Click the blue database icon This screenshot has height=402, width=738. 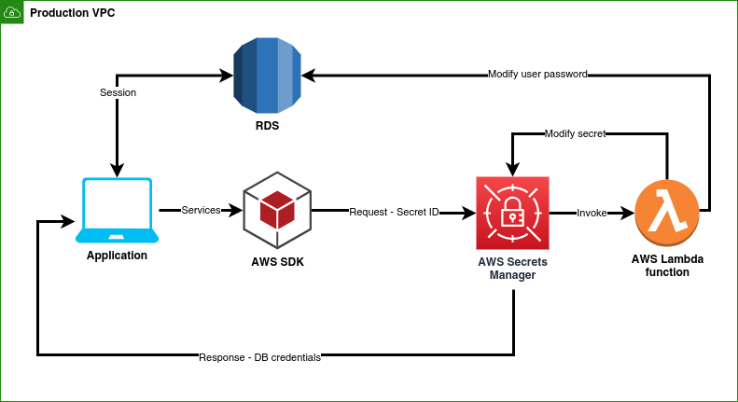[268, 76]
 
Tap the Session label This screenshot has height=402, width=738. [118, 92]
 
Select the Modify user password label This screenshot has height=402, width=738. [537, 74]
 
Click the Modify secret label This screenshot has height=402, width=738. [575, 133]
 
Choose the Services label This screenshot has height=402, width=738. [201, 210]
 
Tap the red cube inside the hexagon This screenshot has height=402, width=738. [277, 210]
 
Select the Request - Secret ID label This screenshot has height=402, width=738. [394, 212]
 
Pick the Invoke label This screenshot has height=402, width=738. [592, 213]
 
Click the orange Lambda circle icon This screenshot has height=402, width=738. [666, 214]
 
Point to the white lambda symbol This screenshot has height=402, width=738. [665, 212]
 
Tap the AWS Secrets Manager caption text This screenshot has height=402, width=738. [512, 269]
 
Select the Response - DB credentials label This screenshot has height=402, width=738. [259, 357]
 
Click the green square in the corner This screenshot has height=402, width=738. [12, 12]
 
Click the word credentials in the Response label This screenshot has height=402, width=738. [295, 357]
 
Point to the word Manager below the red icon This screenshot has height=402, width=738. [512, 275]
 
